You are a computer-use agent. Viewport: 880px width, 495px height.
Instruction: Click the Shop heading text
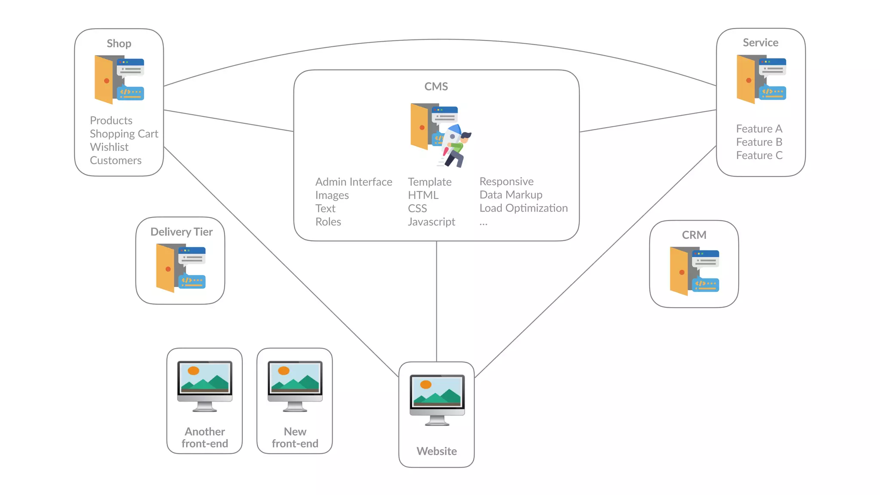tap(119, 43)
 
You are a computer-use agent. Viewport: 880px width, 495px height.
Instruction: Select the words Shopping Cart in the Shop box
tap(124, 134)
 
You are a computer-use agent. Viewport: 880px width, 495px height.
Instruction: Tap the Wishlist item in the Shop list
tap(109, 147)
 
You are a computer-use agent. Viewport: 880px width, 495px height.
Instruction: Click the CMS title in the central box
tap(436, 86)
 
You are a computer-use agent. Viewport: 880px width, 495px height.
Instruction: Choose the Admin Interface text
tap(354, 182)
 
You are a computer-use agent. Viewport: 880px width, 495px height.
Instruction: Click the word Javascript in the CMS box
tap(431, 222)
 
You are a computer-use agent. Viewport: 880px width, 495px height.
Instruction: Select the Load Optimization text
tap(523, 208)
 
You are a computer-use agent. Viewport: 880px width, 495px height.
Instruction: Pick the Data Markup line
tap(511, 195)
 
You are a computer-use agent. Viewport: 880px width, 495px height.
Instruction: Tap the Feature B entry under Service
tap(759, 142)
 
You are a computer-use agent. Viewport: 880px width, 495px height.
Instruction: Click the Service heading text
tap(761, 43)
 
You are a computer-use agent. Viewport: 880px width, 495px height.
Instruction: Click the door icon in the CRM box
tap(680, 271)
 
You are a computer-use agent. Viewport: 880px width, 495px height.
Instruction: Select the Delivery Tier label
tap(181, 232)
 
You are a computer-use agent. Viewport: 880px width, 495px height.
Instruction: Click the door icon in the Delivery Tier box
tap(166, 268)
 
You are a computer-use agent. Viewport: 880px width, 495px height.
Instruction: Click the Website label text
tap(437, 451)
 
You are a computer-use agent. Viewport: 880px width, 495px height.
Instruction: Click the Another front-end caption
tap(205, 437)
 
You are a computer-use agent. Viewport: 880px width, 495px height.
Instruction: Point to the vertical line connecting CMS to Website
tap(437, 301)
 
